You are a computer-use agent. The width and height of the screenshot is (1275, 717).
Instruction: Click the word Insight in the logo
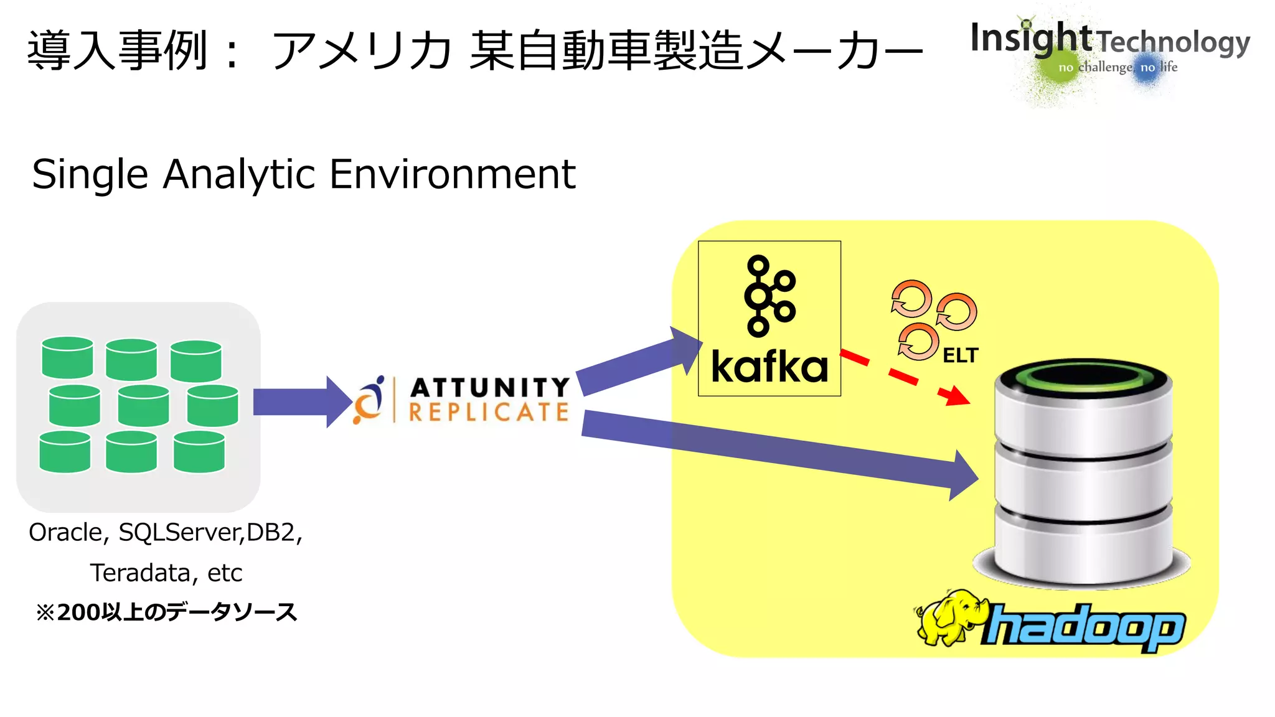pos(1030,39)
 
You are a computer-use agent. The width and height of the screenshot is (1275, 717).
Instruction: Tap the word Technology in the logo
pos(1173,42)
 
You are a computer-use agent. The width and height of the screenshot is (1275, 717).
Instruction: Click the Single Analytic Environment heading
pos(304,174)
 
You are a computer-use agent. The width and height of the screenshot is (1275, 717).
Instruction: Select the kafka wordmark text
pos(769,367)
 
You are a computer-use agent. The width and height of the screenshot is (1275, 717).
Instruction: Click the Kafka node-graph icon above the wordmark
pos(769,296)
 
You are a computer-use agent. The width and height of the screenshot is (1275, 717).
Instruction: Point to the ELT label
pos(960,355)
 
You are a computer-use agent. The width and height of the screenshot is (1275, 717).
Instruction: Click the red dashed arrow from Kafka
pos(903,377)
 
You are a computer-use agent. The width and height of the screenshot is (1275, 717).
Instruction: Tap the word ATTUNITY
pos(490,387)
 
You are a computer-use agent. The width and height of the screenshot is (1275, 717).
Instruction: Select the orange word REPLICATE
pos(489,412)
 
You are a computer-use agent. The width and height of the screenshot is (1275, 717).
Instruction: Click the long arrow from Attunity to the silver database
pos(778,451)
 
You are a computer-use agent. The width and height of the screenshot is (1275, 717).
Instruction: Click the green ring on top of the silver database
pos(1083,376)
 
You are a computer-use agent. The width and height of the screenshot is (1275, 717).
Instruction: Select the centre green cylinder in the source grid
pos(143,405)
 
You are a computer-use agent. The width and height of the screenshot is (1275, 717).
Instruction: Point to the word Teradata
pos(141,573)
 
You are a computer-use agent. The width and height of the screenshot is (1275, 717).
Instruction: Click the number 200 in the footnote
pos(78,612)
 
